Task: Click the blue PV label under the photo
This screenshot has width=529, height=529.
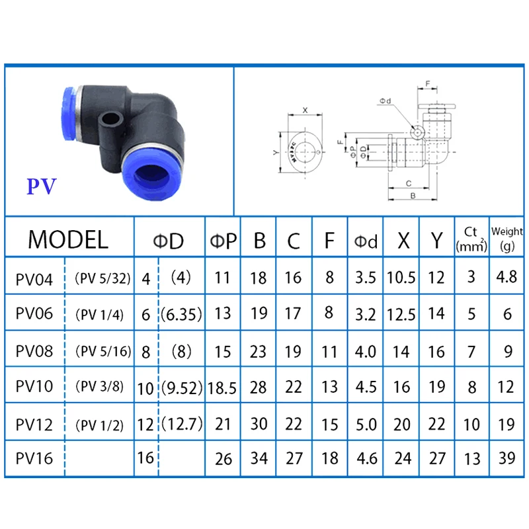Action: tap(42, 186)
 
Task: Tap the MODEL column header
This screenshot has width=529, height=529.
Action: tap(68, 239)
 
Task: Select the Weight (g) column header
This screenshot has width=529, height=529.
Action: tap(508, 239)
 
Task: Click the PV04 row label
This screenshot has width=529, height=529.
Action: tap(34, 278)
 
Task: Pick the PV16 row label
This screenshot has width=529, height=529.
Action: tap(34, 458)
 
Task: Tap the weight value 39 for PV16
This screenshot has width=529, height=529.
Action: tap(508, 458)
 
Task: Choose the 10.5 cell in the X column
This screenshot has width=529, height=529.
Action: tap(401, 278)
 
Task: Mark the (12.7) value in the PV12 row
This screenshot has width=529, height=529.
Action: tap(182, 421)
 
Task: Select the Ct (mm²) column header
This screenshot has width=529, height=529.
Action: tap(471, 239)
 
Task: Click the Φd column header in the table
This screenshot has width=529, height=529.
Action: tap(366, 241)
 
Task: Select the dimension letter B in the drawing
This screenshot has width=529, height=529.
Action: tap(413, 196)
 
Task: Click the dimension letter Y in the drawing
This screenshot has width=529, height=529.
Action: tap(276, 153)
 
